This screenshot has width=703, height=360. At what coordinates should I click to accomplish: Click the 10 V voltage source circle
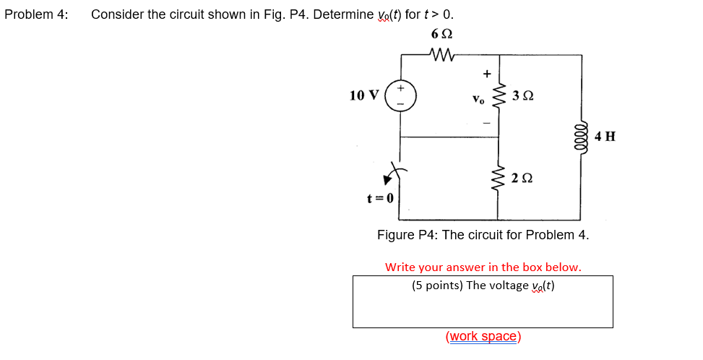pyautogui.click(x=400, y=95)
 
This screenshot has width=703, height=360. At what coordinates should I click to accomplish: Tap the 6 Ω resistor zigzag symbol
pyautogui.click(x=440, y=54)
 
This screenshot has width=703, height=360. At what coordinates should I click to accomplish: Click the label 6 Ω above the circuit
pyautogui.click(x=441, y=34)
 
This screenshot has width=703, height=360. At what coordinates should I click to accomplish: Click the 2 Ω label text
pyautogui.click(x=522, y=178)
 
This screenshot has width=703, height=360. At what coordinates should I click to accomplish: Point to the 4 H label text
pyautogui.click(x=605, y=136)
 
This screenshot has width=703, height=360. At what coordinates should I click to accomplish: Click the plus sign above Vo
pyautogui.click(x=486, y=73)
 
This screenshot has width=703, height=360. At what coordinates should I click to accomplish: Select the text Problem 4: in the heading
pyautogui.click(x=36, y=14)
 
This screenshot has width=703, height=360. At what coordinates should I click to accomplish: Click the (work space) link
pyautogui.click(x=483, y=336)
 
